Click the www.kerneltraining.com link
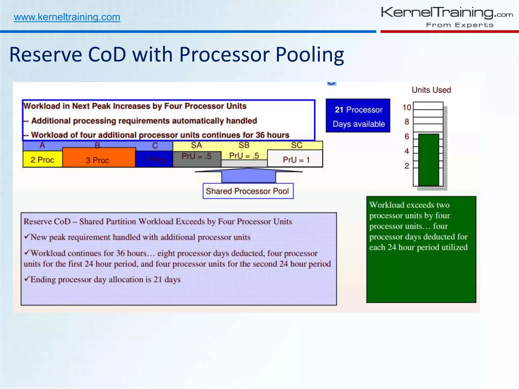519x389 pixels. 67,17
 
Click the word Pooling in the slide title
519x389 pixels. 309,55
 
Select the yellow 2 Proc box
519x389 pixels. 42,160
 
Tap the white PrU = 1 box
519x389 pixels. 295,159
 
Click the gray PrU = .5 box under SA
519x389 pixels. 197,159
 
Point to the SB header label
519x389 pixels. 244,145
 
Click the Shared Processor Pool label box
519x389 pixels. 248,191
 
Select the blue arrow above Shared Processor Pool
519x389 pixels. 248,175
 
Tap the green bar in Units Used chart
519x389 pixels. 429,160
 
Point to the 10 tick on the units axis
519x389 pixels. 407,107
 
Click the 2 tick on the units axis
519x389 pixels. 407,166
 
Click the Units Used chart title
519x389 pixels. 431,90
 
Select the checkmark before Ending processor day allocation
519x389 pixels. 27,279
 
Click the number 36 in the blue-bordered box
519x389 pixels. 260,135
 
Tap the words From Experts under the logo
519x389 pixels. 459,25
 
